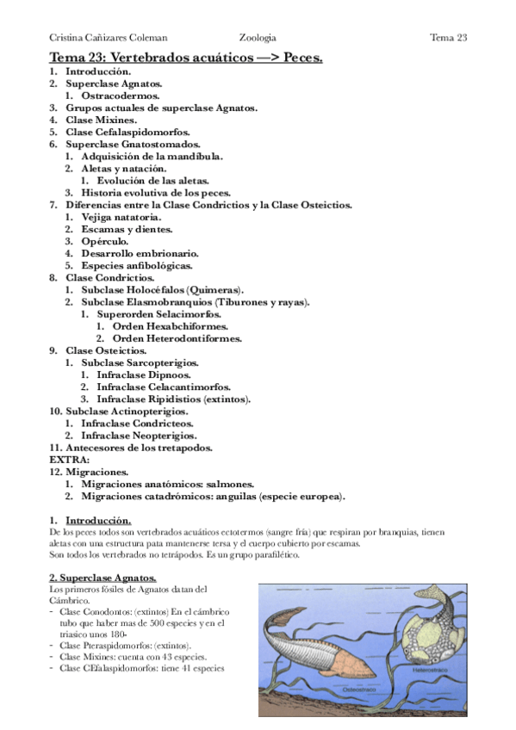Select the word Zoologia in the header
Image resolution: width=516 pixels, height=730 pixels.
258,38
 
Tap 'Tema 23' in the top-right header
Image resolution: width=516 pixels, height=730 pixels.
448,38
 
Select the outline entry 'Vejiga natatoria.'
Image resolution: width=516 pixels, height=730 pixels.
121,217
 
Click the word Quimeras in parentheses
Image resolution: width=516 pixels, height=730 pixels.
215,289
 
